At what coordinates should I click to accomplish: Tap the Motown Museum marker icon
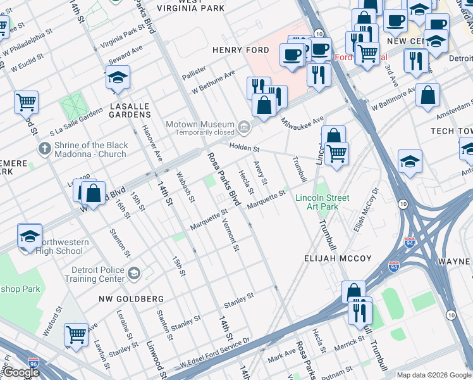[x=243, y=129]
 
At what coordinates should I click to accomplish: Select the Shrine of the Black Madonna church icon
[x=44, y=149]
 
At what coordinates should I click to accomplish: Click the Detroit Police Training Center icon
[x=133, y=274]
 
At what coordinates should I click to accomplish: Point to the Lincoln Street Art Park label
[x=322, y=202]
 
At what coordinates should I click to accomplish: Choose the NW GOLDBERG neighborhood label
[x=131, y=298]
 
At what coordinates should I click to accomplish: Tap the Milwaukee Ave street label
[x=302, y=122]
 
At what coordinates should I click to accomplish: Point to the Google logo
[x=21, y=372]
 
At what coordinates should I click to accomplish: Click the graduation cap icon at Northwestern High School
[x=30, y=236]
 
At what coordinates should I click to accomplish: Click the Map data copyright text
[x=434, y=375]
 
